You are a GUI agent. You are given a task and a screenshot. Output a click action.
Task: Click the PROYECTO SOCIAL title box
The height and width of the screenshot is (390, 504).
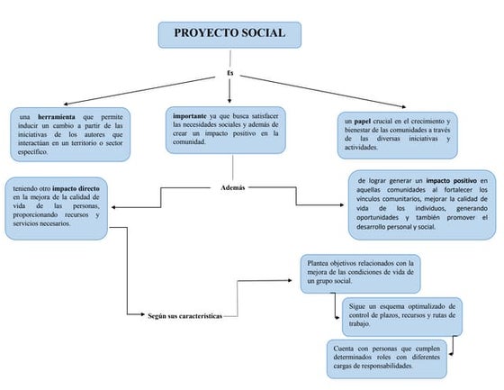(229, 35)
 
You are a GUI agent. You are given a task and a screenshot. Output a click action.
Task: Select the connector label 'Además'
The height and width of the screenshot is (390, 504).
(232, 187)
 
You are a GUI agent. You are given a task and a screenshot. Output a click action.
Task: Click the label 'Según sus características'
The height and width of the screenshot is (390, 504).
(185, 316)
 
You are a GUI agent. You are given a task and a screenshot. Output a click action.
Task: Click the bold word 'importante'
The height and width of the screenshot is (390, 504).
(190, 116)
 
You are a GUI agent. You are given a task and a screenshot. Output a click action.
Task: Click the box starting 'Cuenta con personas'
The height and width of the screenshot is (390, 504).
(387, 358)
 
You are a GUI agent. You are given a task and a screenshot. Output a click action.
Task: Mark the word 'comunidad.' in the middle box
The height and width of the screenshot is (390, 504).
(190, 142)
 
